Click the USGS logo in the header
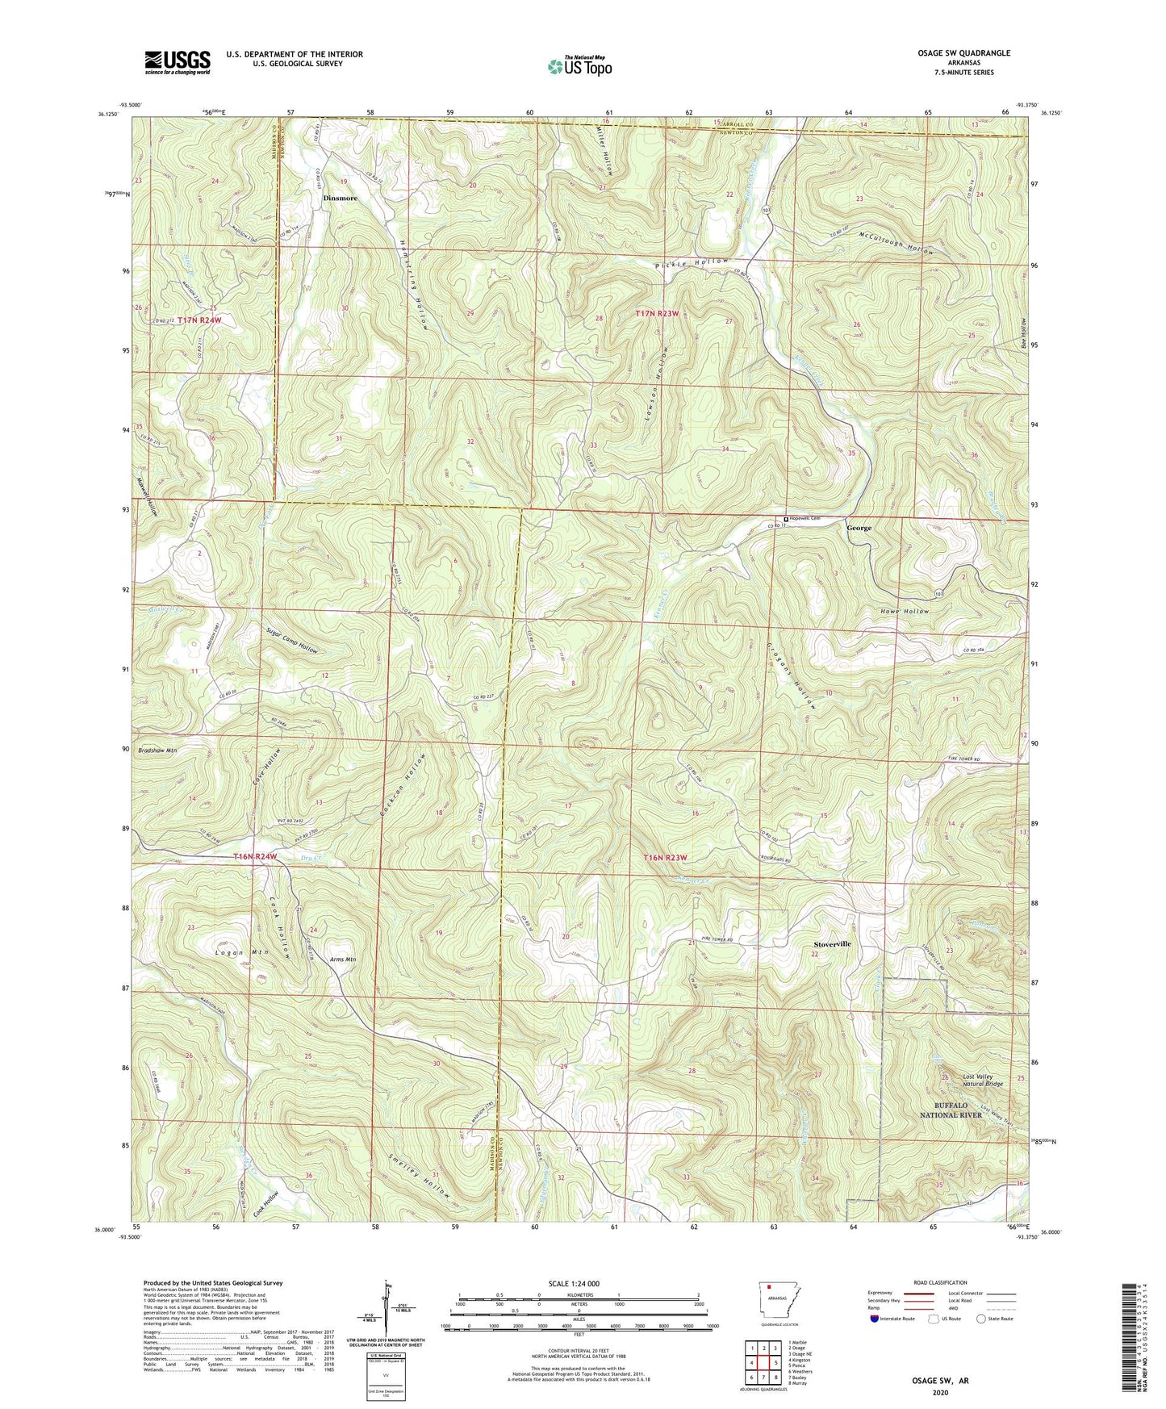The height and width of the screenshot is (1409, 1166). coord(178,62)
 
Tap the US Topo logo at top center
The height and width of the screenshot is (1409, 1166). coord(579,66)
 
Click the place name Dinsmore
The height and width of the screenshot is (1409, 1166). coord(340,198)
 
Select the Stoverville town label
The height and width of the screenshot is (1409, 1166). coord(832,943)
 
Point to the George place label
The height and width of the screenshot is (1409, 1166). coord(859,528)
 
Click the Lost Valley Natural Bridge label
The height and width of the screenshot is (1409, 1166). coord(982,1081)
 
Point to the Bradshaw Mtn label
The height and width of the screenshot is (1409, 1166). coord(157,750)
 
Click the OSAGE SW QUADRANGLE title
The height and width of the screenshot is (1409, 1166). coord(963,53)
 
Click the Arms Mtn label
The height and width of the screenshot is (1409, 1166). coord(343,960)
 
